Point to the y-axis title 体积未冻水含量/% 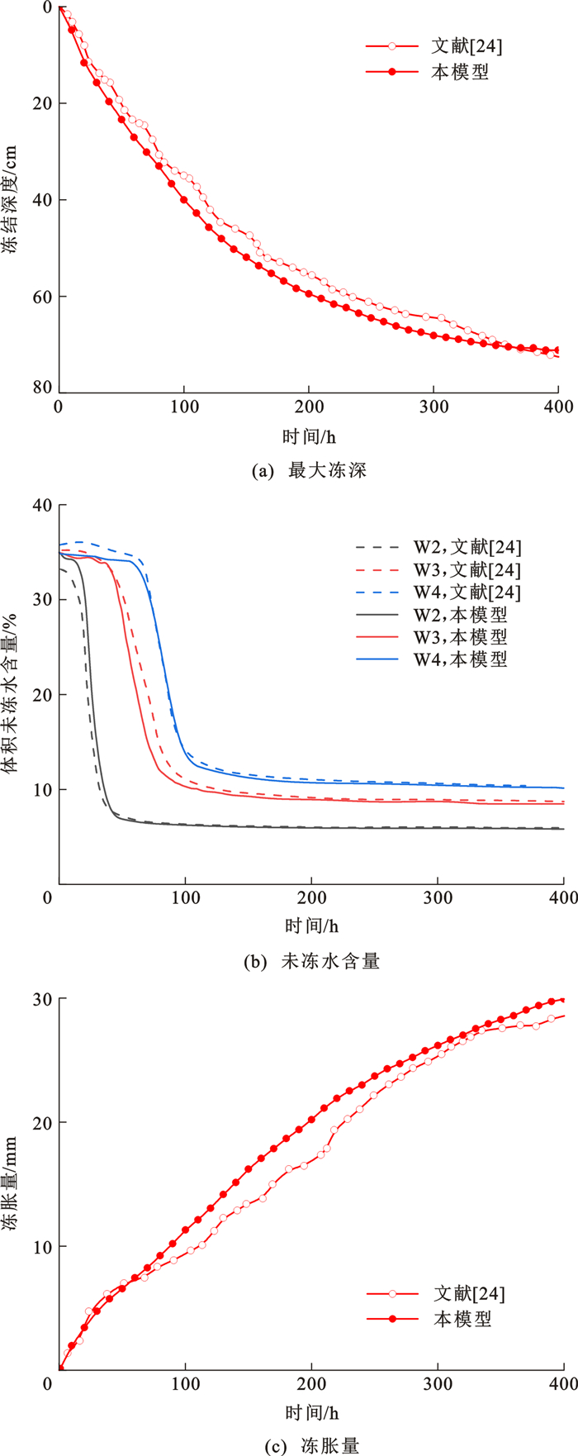pos(12,694)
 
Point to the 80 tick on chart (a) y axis pos(42,388)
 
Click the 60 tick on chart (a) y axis pos(42,297)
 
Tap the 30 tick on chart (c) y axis pos(42,999)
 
